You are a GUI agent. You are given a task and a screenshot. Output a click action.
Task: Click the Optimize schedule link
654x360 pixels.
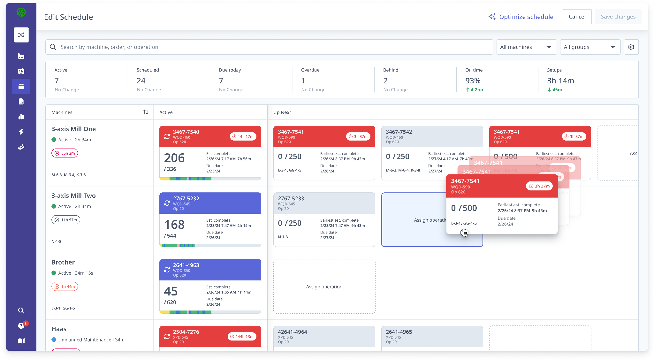point(521,17)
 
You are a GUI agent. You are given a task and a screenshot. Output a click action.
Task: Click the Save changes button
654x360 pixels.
point(618,17)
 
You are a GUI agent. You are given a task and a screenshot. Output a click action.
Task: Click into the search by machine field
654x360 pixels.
point(268,47)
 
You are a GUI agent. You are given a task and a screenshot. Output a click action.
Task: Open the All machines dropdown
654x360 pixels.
point(526,47)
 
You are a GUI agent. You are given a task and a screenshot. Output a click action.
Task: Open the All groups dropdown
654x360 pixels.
point(589,47)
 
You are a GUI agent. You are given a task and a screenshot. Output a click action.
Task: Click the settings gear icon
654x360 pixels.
point(631,47)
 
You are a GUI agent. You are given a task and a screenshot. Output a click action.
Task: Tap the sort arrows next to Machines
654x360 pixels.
point(146,112)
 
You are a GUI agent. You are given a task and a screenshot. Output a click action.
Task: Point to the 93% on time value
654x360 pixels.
point(473,81)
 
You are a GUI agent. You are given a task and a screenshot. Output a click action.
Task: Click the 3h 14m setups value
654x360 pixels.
point(560,81)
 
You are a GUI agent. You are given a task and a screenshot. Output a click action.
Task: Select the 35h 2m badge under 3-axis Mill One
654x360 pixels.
point(65,153)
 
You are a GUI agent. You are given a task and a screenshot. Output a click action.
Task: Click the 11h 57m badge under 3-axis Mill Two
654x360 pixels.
point(66,220)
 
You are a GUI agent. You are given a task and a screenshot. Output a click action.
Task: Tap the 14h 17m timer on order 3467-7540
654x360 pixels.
point(243,136)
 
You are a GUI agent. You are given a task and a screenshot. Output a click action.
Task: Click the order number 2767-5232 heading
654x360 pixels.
point(186,198)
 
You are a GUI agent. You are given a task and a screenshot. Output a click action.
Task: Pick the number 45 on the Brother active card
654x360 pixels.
point(171,291)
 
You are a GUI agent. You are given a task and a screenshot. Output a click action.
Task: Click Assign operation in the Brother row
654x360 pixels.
point(324,287)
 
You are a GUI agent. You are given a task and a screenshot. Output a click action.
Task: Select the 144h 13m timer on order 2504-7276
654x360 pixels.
point(242,336)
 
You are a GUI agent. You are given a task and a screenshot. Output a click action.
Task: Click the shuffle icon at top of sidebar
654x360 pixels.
point(21,35)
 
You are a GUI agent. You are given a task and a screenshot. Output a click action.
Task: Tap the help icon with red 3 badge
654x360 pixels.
point(21,326)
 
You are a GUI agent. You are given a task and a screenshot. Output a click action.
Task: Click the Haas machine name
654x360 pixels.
point(59,329)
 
